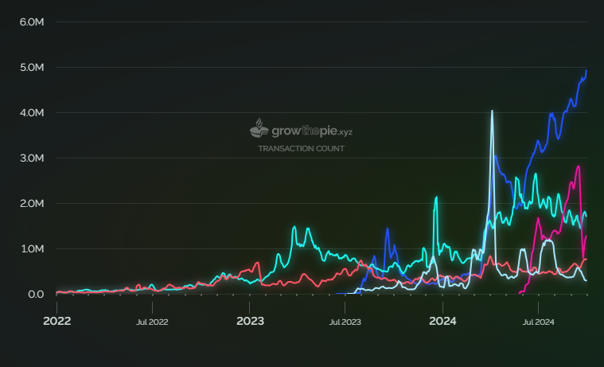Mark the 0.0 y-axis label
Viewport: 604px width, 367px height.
point(35,295)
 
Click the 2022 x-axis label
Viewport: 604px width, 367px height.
point(57,322)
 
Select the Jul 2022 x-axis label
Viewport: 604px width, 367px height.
point(152,322)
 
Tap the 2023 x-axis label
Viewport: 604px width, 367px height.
point(250,322)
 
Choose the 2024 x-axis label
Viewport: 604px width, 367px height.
point(442,322)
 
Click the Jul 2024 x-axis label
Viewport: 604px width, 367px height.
point(538,322)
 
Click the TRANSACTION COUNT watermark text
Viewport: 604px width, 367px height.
point(301,149)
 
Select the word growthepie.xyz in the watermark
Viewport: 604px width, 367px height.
point(312,130)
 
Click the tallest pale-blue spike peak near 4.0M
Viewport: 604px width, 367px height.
point(492,111)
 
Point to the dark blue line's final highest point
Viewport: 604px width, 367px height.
point(586,71)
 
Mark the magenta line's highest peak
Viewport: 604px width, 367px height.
point(579,166)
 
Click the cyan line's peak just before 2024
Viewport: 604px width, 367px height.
point(436,197)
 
